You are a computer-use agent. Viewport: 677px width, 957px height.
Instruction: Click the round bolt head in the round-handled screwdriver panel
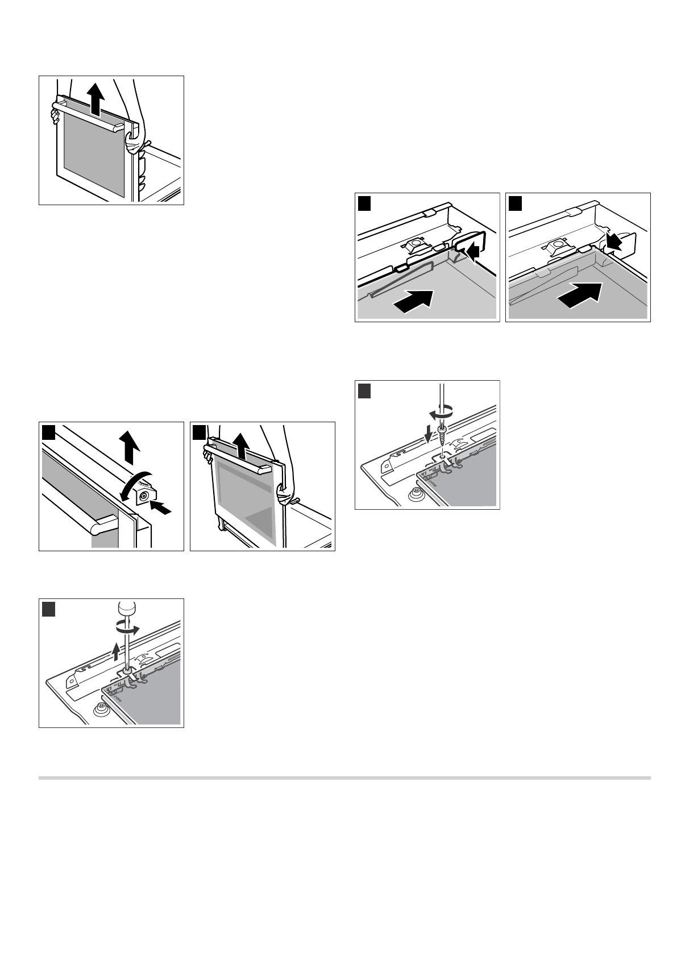point(102,708)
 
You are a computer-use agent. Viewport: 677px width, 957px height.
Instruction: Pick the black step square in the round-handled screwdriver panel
point(49,609)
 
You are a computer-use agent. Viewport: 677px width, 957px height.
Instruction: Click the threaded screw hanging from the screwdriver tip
point(441,437)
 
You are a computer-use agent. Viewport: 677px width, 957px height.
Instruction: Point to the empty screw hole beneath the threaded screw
point(441,455)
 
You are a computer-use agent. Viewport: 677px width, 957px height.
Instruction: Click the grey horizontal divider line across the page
point(344,777)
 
